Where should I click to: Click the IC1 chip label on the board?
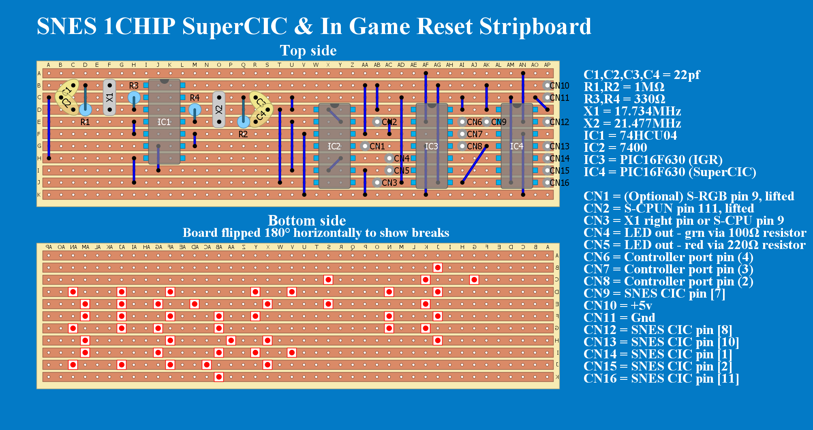pos(164,122)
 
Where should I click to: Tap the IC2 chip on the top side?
pos(334,146)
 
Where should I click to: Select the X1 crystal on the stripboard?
pos(109,98)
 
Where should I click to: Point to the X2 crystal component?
pos(219,110)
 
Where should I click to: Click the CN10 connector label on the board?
pos(559,85)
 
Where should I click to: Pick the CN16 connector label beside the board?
pos(559,183)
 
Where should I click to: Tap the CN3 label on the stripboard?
pos(389,183)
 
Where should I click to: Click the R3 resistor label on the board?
pos(134,85)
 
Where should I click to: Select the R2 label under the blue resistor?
pos(243,134)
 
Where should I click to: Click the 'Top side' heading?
pos(308,51)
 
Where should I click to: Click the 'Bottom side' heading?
pos(307,221)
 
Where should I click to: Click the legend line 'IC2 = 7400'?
pos(615,147)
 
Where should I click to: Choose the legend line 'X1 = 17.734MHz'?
pos(632,111)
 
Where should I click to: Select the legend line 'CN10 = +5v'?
pos(618,305)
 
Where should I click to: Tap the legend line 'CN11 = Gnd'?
pos(619,317)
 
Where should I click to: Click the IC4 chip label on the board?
pos(517,146)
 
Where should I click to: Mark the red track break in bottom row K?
pos(219,377)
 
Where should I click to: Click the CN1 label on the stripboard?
pos(377,146)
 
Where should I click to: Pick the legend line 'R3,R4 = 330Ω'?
pos(624,99)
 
